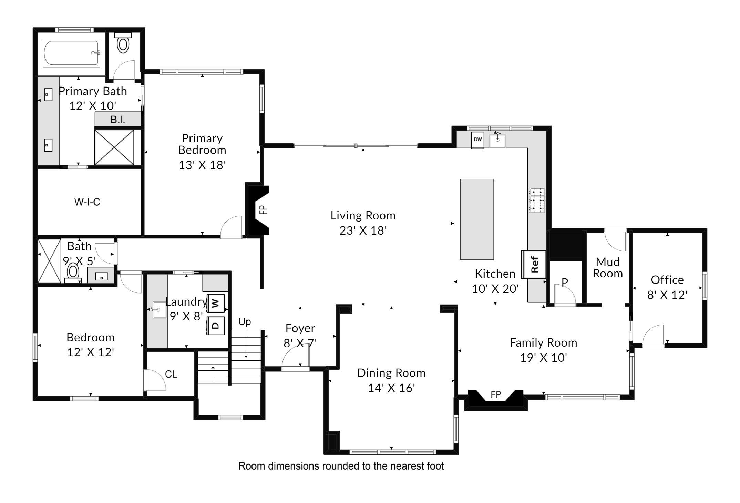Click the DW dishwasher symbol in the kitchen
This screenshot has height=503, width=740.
(x=477, y=140)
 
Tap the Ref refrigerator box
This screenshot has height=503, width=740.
(x=534, y=264)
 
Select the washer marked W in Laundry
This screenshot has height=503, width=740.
(x=215, y=303)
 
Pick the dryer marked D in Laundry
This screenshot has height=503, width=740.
(x=215, y=326)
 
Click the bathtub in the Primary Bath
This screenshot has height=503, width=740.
(x=72, y=53)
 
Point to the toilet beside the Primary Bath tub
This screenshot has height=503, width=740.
(x=123, y=42)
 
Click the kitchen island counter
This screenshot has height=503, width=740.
(x=477, y=219)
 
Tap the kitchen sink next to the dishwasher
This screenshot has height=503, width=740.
(x=497, y=141)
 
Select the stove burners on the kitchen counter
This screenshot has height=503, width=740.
(x=536, y=200)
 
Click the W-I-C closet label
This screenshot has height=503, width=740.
(x=87, y=202)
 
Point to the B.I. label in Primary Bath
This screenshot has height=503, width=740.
(x=117, y=120)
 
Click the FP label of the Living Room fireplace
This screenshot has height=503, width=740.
(x=263, y=210)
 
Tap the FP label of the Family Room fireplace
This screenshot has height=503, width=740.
(x=496, y=394)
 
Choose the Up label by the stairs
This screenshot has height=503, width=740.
(x=245, y=322)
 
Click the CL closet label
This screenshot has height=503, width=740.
(x=171, y=374)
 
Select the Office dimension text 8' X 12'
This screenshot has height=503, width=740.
(x=667, y=295)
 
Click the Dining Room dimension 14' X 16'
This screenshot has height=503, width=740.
(x=391, y=388)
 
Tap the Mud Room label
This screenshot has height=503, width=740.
(x=608, y=268)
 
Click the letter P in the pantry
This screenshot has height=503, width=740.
(x=565, y=282)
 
